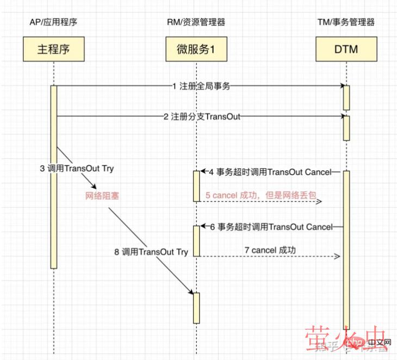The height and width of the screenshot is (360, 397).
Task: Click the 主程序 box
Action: click(x=54, y=51)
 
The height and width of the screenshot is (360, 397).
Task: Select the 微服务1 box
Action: click(x=196, y=51)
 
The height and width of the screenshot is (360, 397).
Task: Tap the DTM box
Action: click(x=346, y=51)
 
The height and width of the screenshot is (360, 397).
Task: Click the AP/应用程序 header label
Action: click(x=54, y=22)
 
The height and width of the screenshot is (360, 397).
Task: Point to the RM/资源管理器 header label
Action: click(x=196, y=22)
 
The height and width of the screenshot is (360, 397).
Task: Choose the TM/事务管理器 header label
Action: click(x=346, y=22)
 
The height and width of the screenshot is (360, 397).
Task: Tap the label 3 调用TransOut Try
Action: click(x=77, y=169)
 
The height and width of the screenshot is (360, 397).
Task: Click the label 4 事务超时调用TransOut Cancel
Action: click(x=270, y=172)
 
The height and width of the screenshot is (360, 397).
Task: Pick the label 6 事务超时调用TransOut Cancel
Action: click(x=271, y=227)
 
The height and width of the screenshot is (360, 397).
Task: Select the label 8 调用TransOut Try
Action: click(x=151, y=252)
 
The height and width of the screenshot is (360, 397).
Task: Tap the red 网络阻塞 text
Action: click(x=102, y=196)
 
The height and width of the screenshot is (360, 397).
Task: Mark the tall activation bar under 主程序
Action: click(x=54, y=177)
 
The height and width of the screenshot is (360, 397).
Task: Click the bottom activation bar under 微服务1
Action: click(x=196, y=307)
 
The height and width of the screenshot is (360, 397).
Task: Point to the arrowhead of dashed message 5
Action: click(x=320, y=202)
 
